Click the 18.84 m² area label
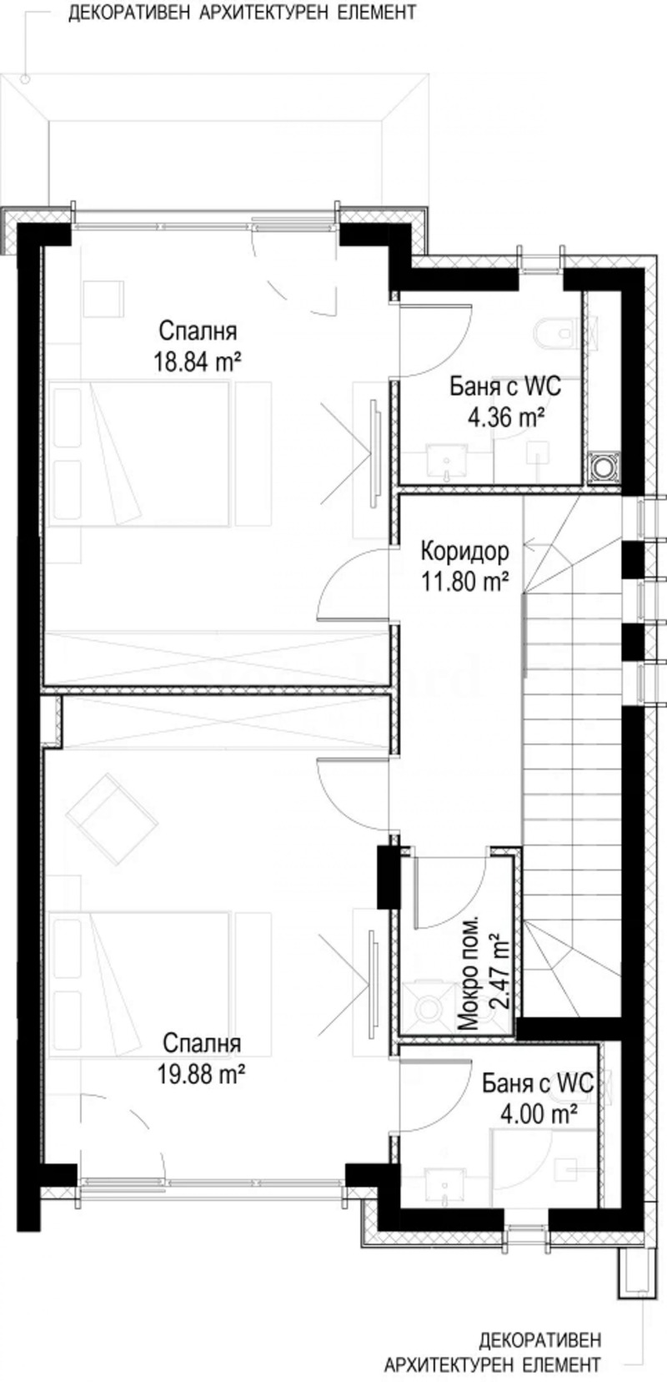tap(198, 361)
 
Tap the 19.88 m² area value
tap(201, 1074)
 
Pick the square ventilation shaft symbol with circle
tap(602, 468)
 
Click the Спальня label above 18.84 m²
tap(198, 331)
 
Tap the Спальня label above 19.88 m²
tap(202, 1044)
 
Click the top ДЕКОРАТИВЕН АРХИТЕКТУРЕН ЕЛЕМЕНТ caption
tap(242, 14)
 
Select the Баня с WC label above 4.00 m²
tap(538, 1084)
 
